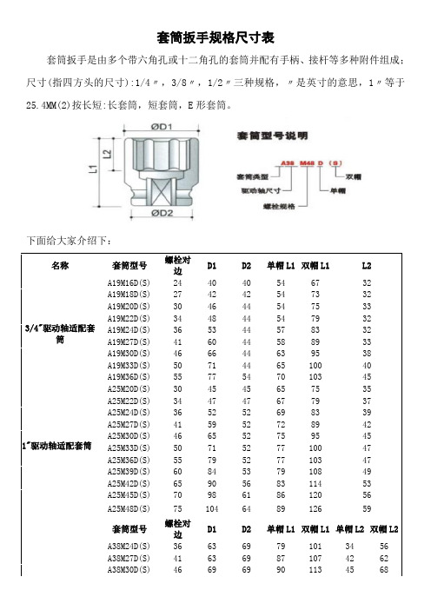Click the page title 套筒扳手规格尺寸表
coord(215,37)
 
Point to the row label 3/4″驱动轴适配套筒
coord(59,335)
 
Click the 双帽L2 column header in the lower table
coord(384,529)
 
